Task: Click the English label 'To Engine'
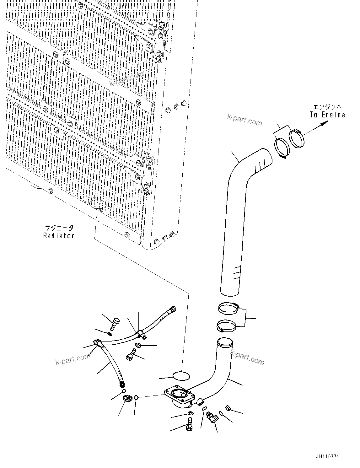[x=327, y=115]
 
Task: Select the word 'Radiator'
[x=59, y=235]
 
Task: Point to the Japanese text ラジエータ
[x=59, y=228]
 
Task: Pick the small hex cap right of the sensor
[x=228, y=408]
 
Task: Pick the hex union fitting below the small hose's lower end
[x=128, y=399]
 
